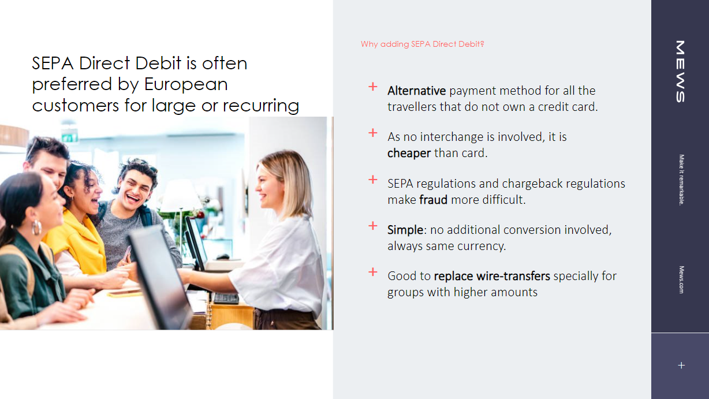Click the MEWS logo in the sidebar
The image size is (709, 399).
point(680,71)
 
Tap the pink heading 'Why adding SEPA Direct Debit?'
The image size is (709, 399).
point(422,44)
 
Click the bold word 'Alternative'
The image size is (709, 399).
point(416,91)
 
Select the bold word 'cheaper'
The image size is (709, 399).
point(409,154)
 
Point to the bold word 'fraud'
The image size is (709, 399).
point(434,200)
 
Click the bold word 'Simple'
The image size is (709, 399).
point(405,230)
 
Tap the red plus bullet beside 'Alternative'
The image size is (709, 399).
point(373,87)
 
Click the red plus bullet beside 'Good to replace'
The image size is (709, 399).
point(373,272)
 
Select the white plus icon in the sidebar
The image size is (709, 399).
point(681,366)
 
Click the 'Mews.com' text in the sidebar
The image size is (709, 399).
point(681,279)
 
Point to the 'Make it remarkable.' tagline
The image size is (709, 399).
point(681,180)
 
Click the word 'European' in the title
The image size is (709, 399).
point(186,84)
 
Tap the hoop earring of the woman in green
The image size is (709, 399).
point(36,228)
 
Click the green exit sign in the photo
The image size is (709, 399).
point(70,137)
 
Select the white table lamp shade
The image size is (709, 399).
point(180,195)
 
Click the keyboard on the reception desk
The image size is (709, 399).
point(226,299)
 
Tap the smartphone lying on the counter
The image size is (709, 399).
point(124,294)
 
